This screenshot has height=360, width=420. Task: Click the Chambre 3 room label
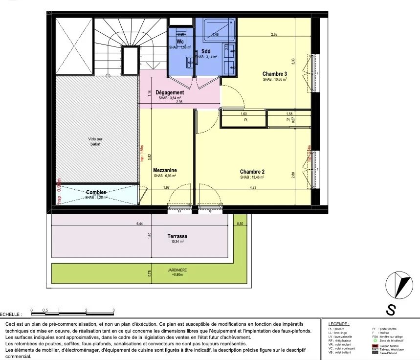tap(274, 73)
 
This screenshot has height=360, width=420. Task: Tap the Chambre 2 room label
tap(252, 172)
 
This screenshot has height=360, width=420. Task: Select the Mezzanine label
tap(164, 170)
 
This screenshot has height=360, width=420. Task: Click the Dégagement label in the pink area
tap(170, 92)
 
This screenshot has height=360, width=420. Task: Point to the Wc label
tap(180, 42)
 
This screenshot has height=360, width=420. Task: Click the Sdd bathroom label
tap(205, 51)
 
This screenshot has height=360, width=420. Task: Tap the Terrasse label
tap(177, 236)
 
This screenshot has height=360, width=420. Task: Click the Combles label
tap(96, 192)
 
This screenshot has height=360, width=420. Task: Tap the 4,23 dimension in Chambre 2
tap(253, 187)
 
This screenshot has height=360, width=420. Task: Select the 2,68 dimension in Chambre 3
tap(274, 34)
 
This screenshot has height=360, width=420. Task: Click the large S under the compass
tap(391, 310)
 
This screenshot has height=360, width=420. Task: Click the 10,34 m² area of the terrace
tap(177, 242)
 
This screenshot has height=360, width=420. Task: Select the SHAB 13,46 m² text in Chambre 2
tap(252, 178)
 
